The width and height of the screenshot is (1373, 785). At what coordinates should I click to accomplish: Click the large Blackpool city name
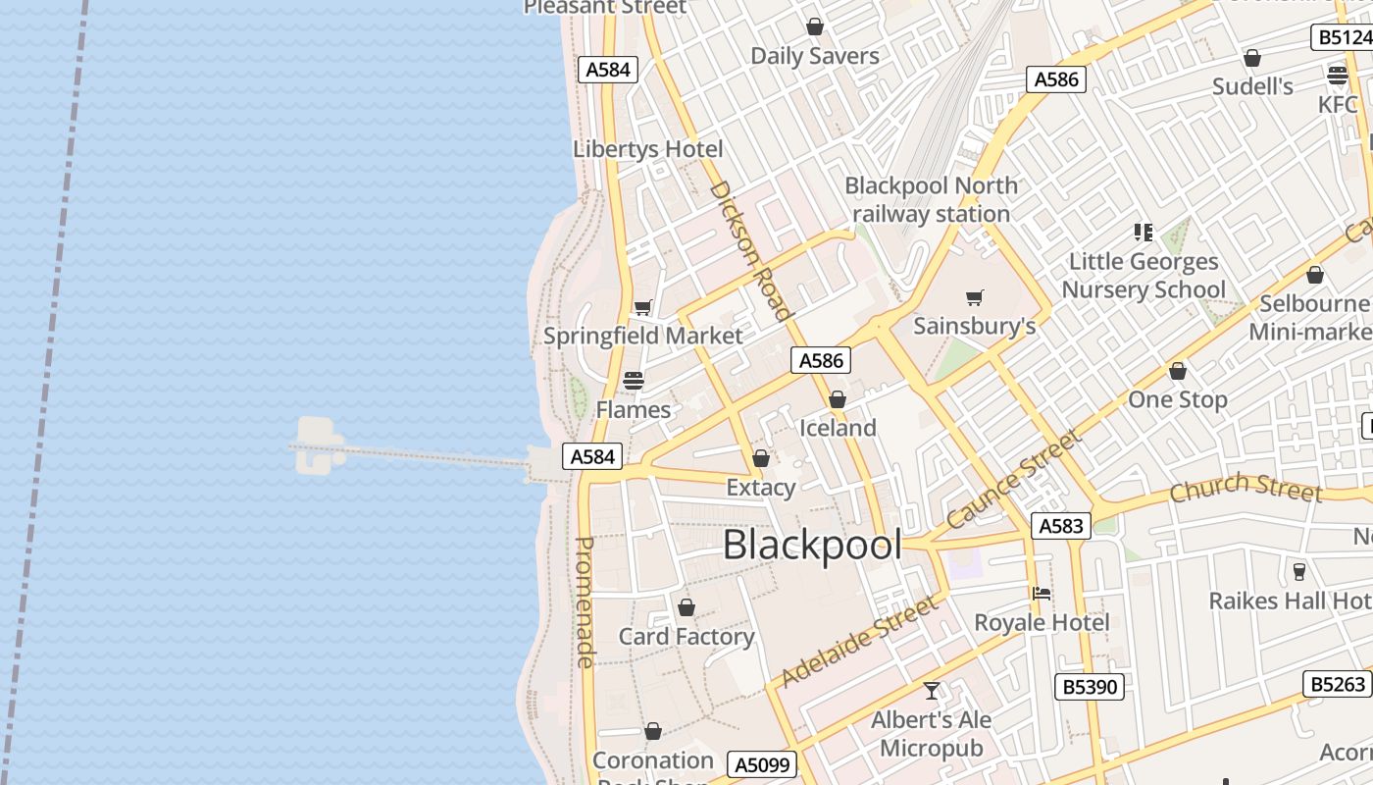(812, 546)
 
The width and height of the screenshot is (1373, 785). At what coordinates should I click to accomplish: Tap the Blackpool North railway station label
(931, 199)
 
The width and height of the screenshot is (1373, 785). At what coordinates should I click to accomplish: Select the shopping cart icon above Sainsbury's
(975, 297)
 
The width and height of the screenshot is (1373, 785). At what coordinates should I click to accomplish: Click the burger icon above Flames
(634, 381)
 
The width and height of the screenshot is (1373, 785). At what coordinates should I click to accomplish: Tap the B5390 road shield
(1090, 686)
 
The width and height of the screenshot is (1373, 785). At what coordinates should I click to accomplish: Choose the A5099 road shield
(762, 764)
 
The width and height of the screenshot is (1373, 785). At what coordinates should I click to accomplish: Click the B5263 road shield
(1338, 683)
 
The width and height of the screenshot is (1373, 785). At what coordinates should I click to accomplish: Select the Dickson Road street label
(750, 250)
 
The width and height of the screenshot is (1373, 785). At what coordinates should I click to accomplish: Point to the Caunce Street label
(1014, 479)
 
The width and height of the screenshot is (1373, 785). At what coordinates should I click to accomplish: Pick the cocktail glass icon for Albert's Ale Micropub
(932, 691)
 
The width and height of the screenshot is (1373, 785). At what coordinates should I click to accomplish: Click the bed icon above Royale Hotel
(1042, 593)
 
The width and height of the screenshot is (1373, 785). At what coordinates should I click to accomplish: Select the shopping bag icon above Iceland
(837, 399)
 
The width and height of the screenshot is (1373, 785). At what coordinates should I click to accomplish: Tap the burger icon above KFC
(1338, 75)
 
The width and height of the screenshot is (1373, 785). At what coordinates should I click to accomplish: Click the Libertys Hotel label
(647, 149)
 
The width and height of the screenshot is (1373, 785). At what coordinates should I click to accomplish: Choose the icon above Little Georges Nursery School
(1143, 233)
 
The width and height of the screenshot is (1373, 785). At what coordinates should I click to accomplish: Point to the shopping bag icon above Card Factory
(686, 607)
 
